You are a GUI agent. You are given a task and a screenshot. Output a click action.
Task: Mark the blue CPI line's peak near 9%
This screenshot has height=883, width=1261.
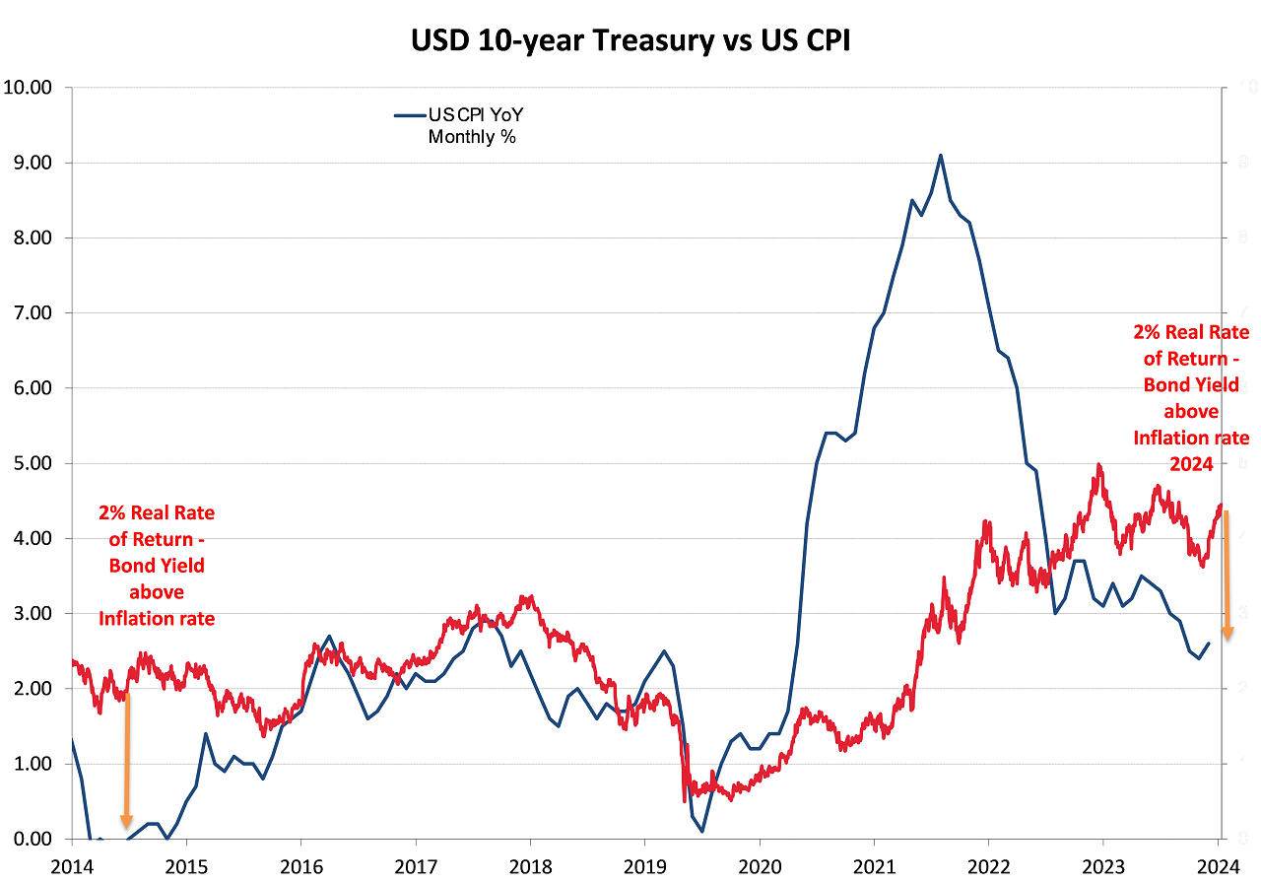(x=941, y=155)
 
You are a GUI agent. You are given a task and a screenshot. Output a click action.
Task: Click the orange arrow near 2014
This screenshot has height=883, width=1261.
(x=127, y=759)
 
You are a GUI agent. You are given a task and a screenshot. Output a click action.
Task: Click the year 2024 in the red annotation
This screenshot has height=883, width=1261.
(x=1190, y=464)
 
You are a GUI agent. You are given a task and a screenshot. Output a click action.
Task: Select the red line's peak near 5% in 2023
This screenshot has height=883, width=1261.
(x=1097, y=465)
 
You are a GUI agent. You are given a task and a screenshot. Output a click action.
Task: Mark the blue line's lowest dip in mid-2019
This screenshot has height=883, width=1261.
(x=702, y=831)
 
